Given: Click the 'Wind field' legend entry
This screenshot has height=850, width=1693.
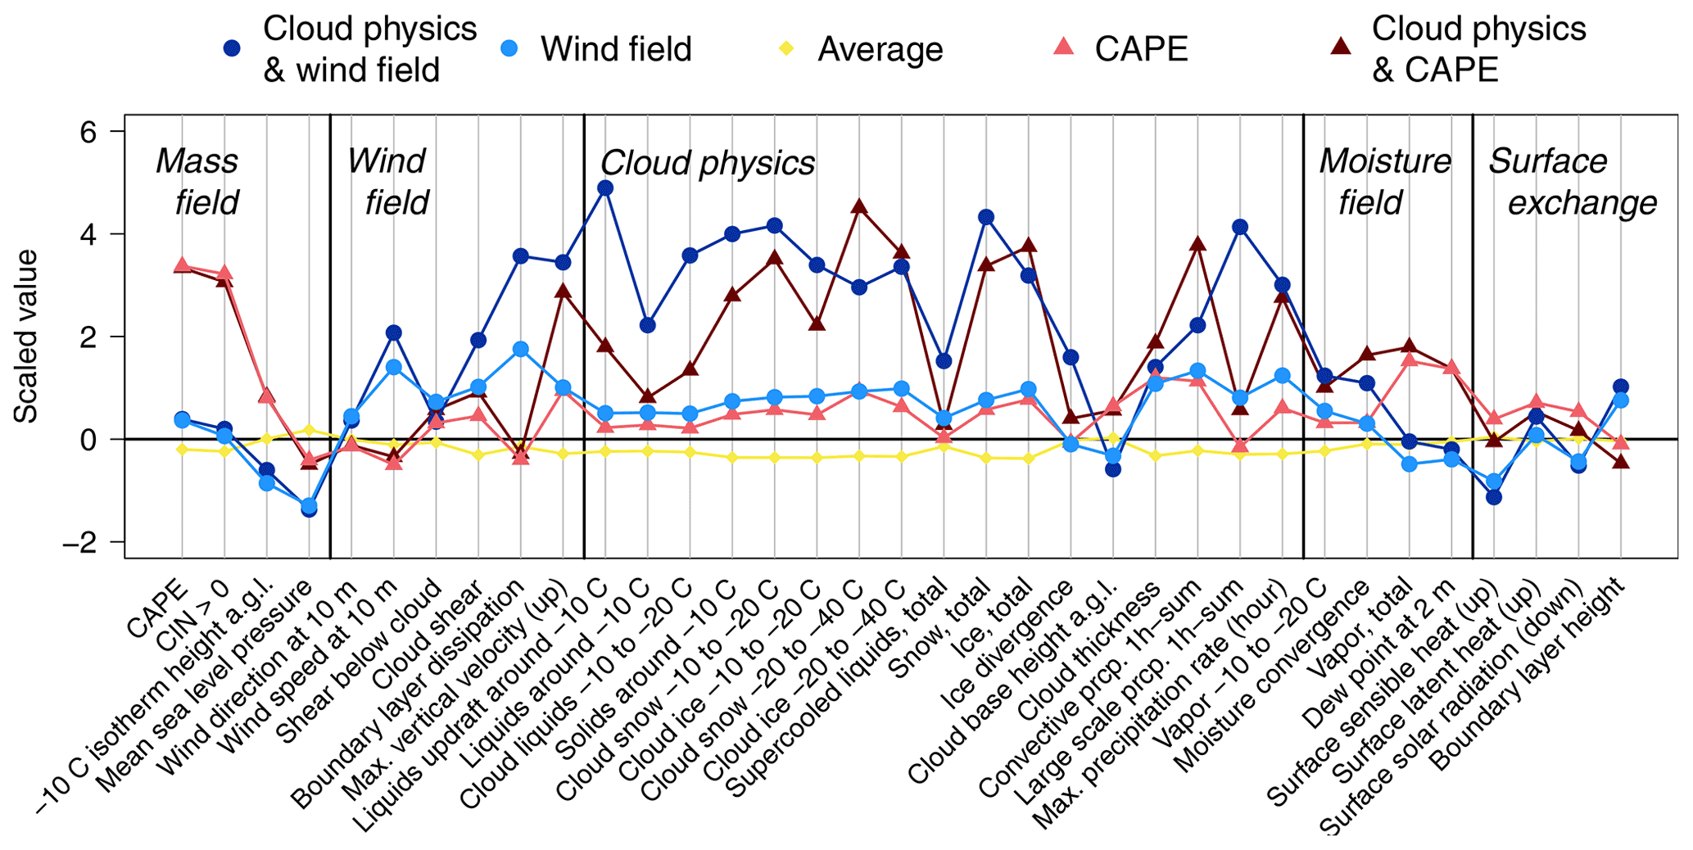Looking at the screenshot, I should click(x=615, y=49).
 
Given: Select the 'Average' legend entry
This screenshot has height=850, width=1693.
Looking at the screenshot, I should click(x=879, y=49).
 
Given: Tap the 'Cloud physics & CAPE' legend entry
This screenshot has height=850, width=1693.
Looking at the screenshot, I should click(x=1478, y=49).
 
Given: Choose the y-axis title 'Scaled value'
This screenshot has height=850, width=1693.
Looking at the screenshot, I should click(x=25, y=337).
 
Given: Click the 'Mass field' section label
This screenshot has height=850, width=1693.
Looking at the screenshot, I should click(x=199, y=181).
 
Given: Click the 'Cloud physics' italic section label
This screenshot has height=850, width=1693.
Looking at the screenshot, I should click(x=708, y=163).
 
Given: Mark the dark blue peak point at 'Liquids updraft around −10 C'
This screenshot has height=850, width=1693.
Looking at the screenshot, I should click(x=605, y=188).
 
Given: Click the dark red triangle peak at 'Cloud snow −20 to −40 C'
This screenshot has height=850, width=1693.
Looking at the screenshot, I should click(x=859, y=206).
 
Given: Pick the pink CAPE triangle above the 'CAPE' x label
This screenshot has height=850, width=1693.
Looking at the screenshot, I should click(x=182, y=264).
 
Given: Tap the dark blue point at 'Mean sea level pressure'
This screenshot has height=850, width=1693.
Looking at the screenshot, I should click(x=309, y=509).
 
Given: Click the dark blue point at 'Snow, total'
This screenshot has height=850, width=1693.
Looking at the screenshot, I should click(x=986, y=217).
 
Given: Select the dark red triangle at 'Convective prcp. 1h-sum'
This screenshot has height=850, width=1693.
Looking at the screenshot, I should click(x=1197, y=243).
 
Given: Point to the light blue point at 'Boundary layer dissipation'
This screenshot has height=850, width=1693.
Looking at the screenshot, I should click(x=520, y=349).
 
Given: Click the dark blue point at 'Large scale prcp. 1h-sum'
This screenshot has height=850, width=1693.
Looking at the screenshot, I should click(x=1240, y=227).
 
